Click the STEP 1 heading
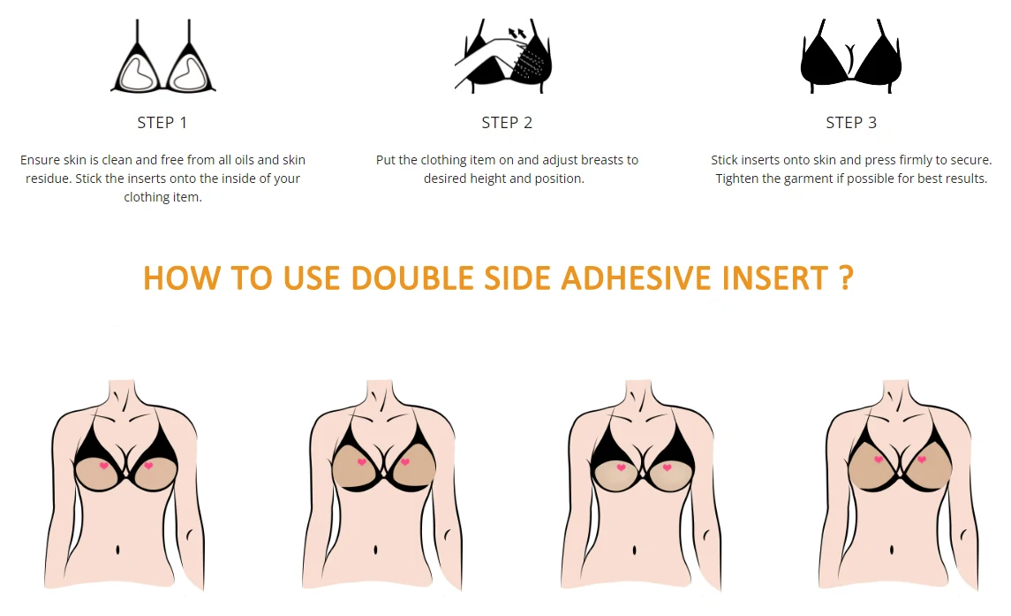coord(162,123)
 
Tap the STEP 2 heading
coord(507,123)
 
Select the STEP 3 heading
coord(851,123)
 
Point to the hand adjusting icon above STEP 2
coord(505,57)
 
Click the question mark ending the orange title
coord(846,278)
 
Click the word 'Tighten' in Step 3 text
coord(739,179)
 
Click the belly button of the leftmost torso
coord(119,550)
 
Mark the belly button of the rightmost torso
coord(892,550)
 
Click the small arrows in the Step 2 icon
coord(516,33)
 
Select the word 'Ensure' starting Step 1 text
coord(41,160)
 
